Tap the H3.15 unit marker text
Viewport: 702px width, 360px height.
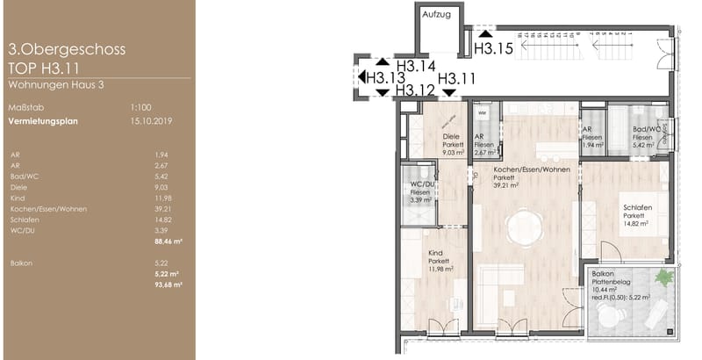(493, 49)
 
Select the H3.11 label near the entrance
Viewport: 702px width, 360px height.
(456, 77)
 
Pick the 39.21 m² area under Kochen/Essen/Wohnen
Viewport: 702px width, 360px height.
(506, 185)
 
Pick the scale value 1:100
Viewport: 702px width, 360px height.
(140, 107)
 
